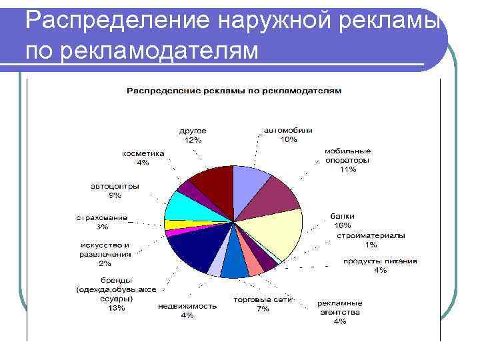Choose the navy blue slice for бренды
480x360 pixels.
pyautogui.click(x=191, y=250)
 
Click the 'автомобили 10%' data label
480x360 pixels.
pyautogui.click(x=288, y=135)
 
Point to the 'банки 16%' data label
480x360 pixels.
pyautogui.click(x=343, y=221)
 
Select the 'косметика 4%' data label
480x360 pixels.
pyautogui.click(x=143, y=157)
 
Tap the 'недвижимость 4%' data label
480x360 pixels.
pyautogui.click(x=187, y=311)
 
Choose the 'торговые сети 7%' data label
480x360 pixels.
pyautogui.click(x=262, y=304)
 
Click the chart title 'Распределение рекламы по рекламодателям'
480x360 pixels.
pyautogui.click(x=233, y=90)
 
